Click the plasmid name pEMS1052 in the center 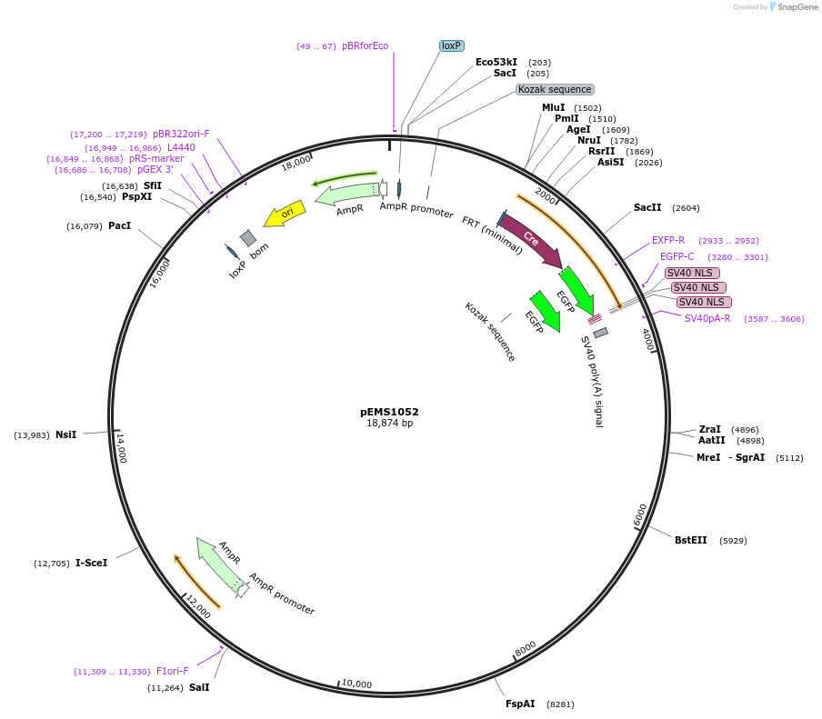pyautogui.click(x=389, y=412)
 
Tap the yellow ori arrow pyautogui.click(x=286, y=214)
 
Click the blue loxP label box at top pyautogui.click(x=451, y=45)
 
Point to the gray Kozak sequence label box pyautogui.click(x=555, y=89)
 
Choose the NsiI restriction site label pyautogui.click(x=66, y=434)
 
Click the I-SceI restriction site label pyautogui.click(x=91, y=563)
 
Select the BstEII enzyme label pyautogui.click(x=690, y=540)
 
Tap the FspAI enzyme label pyautogui.click(x=520, y=704)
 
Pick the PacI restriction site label pyautogui.click(x=119, y=225)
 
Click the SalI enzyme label pyautogui.click(x=199, y=687)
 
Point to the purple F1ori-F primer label pyautogui.click(x=173, y=671)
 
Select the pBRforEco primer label pyautogui.click(x=365, y=45)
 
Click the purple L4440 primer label pyautogui.click(x=181, y=147)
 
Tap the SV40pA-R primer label pyautogui.click(x=707, y=318)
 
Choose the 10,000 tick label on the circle pyautogui.click(x=356, y=684)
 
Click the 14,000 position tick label pyautogui.click(x=121, y=447)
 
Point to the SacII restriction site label pyautogui.click(x=647, y=207)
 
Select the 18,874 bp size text pyautogui.click(x=389, y=424)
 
